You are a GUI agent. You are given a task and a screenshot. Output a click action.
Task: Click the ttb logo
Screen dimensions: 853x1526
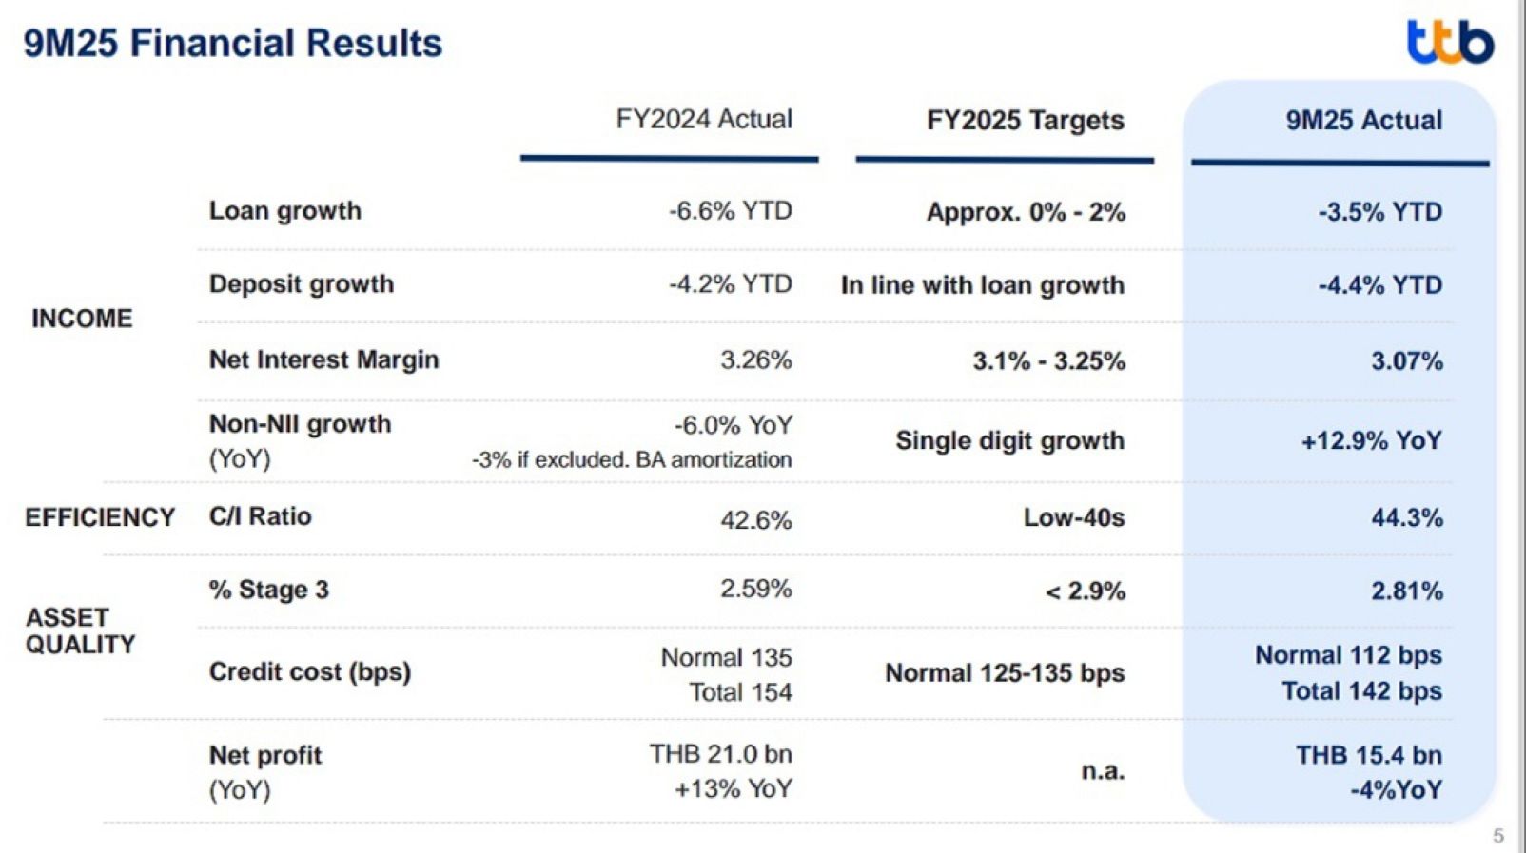click(1450, 43)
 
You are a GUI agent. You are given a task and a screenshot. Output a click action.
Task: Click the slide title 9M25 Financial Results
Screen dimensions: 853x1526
click(233, 44)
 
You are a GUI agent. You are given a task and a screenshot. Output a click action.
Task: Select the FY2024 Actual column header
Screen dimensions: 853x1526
click(703, 119)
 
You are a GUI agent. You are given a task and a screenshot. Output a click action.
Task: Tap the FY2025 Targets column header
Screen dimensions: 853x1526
click(1025, 121)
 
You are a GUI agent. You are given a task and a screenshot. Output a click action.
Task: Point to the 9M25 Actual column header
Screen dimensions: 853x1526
click(1363, 121)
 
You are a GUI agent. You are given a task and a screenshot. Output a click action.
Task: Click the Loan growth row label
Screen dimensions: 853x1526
click(284, 210)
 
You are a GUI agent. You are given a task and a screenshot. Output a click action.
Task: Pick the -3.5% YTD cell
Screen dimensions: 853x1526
click(1379, 212)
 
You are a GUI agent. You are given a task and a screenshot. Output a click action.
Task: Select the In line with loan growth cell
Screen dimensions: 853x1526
click(982, 285)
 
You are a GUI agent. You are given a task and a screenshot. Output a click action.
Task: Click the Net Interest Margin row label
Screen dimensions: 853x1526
click(323, 359)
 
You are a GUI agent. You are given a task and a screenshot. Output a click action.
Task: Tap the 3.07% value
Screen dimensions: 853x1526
click(1406, 361)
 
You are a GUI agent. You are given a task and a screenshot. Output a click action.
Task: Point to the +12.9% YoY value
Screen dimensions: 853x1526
click(1371, 441)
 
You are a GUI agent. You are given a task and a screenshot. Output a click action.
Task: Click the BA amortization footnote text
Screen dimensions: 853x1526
click(632, 460)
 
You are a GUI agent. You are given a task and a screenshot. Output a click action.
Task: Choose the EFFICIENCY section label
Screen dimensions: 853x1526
click(100, 517)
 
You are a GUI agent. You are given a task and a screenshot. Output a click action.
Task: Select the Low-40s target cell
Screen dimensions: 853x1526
click(1073, 518)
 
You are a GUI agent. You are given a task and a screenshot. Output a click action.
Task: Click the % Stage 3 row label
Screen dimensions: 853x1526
click(268, 590)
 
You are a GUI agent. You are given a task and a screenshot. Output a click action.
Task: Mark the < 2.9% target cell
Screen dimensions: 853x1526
click(1085, 591)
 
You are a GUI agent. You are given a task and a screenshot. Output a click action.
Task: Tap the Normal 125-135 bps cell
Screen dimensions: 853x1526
click(1005, 673)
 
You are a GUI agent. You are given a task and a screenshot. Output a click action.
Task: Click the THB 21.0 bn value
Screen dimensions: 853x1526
click(720, 754)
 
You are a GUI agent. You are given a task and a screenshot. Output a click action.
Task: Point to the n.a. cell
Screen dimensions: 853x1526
click(1103, 771)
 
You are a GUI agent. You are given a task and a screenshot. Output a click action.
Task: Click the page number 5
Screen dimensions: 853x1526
click(1498, 836)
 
